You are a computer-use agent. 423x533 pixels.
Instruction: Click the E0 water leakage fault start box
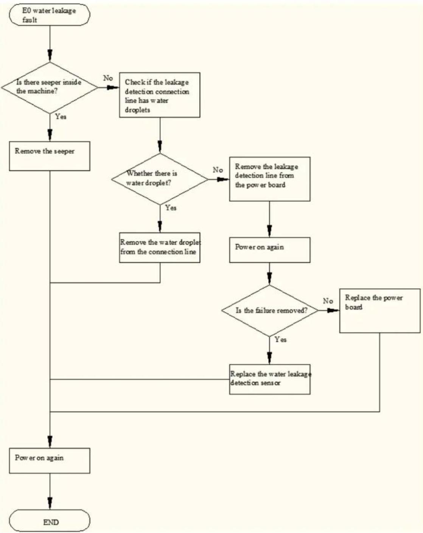point(50,15)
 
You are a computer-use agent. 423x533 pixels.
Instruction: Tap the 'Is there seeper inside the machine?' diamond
point(50,87)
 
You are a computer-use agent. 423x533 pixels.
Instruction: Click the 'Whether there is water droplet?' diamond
point(160,179)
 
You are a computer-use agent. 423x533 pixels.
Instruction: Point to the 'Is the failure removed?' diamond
point(270,311)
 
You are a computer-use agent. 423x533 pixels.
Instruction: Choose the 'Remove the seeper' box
point(50,156)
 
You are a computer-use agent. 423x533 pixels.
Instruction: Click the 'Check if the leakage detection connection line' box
point(160,95)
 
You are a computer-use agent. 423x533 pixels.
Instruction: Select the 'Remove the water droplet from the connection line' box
point(160,248)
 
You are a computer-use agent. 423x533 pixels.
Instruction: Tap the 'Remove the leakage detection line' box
point(270,179)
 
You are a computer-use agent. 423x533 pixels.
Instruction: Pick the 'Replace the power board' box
point(380,311)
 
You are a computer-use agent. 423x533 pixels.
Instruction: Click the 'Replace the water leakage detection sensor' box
point(270,379)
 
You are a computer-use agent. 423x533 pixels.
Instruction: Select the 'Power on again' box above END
point(50,461)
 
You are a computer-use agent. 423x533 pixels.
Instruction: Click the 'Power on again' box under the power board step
point(270,250)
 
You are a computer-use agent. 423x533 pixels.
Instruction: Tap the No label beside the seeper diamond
point(108,78)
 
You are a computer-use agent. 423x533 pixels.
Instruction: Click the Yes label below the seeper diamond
point(61,116)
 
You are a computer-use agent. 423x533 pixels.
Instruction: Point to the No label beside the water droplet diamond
point(218,170)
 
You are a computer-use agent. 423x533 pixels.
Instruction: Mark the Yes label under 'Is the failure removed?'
point(281,339)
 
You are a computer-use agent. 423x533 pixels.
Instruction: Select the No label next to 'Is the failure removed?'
point(328,301)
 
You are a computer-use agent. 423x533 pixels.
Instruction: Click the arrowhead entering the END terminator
point(50,503)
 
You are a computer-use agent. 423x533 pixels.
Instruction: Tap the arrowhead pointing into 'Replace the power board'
point(333,310)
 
